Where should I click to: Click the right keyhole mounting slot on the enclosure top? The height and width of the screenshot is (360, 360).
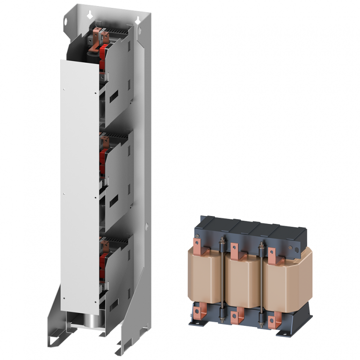click(138, 20)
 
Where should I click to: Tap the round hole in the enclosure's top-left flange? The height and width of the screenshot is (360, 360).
click(66, 22)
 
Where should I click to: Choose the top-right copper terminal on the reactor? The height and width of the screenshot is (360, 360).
click(273, 252)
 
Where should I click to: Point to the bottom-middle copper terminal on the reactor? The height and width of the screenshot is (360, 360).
click(237, 315)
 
